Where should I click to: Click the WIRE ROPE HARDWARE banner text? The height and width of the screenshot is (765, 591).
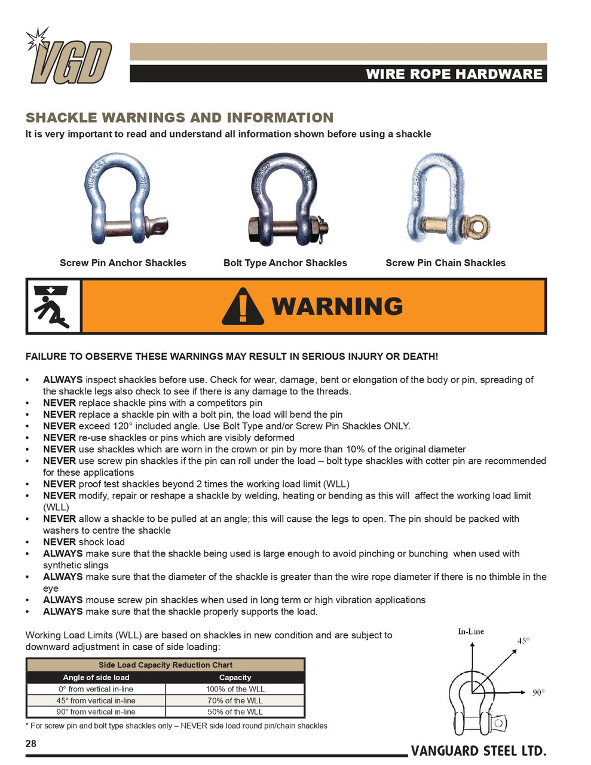454,74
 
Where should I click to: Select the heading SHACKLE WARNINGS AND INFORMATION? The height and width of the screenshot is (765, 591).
179,118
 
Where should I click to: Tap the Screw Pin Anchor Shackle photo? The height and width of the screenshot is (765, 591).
125,199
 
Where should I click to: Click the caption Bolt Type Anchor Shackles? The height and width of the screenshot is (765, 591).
285,263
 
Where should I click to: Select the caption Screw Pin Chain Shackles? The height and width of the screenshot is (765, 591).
445,263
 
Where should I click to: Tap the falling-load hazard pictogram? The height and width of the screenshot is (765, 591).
53,307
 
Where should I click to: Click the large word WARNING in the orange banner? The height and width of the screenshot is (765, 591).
338,307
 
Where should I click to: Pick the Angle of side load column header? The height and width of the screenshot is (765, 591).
96,678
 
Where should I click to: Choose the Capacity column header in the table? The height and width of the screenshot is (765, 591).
235,678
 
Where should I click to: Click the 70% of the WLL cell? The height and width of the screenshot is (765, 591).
235,700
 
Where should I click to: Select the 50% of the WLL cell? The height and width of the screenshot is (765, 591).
235,712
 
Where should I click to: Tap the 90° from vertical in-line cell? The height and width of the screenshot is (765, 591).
96,712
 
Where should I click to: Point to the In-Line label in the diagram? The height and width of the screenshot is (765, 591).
471,632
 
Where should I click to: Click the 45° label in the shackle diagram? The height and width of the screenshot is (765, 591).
523,641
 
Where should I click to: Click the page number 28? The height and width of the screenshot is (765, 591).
31,743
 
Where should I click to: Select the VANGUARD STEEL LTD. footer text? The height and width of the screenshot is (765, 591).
478,751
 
